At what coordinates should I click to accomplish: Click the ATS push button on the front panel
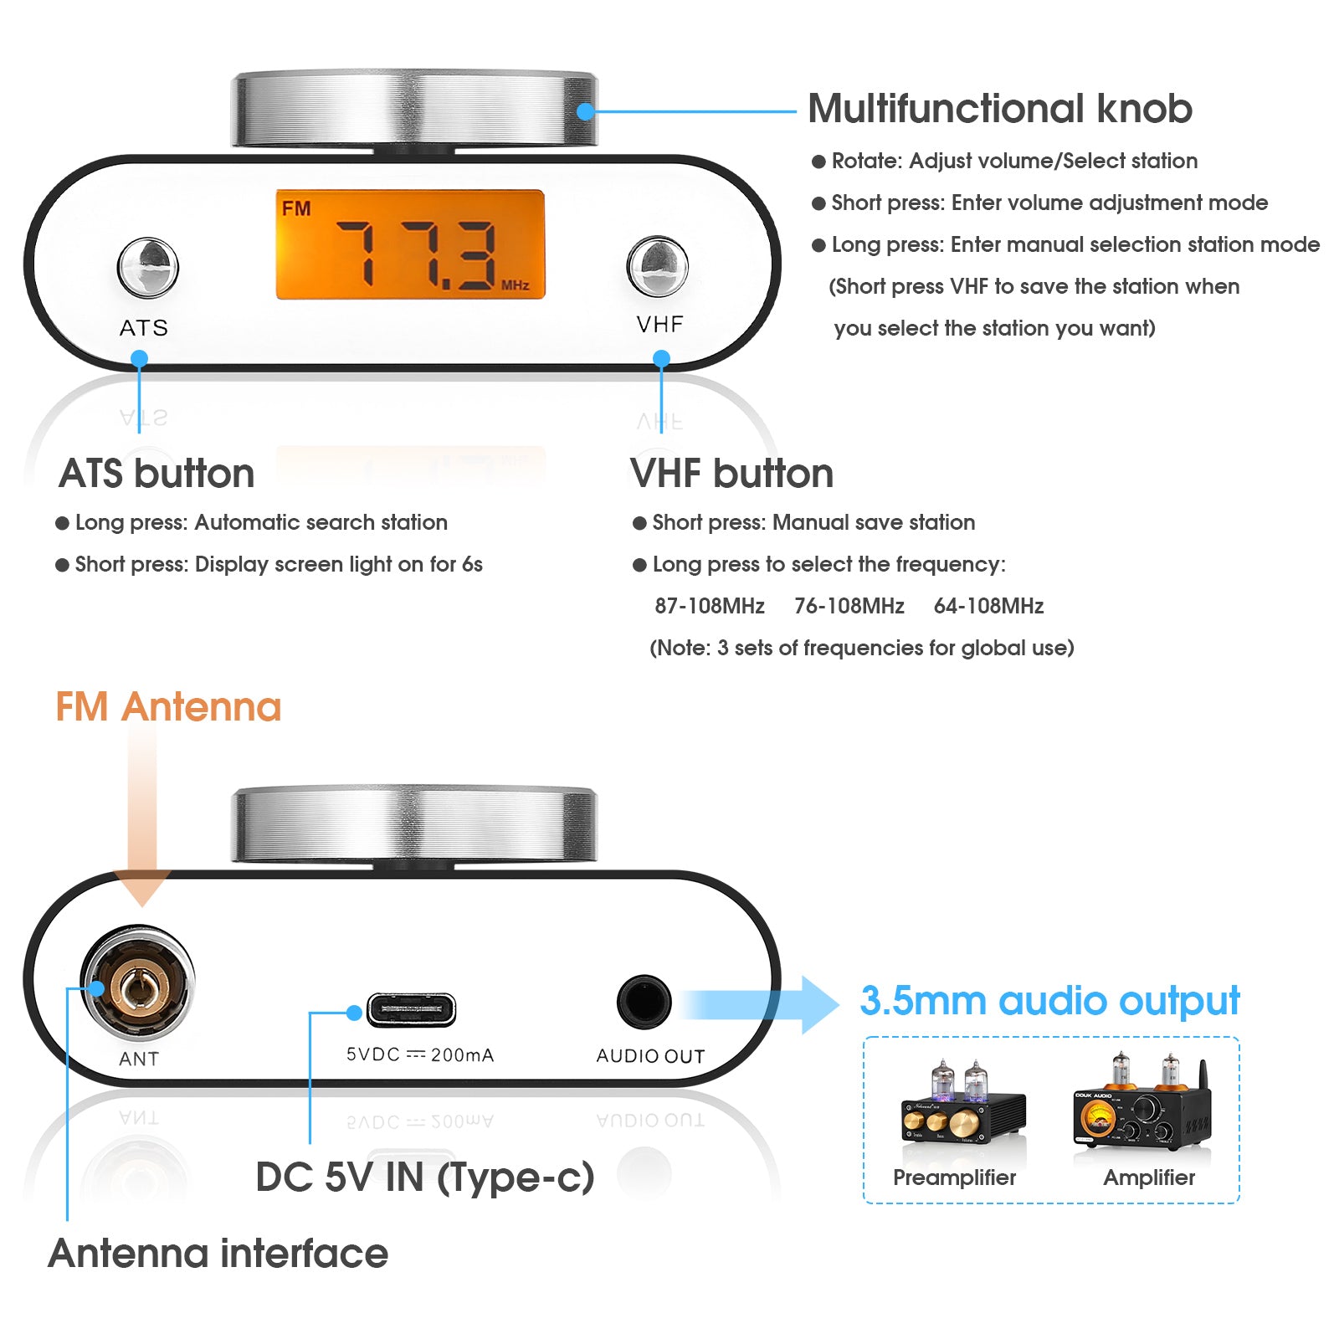pos(148,267)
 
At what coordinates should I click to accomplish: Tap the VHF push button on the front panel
pos(658,266)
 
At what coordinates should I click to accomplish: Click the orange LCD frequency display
pos(410,244)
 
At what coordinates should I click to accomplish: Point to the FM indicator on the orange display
pos(296,208)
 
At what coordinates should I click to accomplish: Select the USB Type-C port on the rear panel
pos(411,1009)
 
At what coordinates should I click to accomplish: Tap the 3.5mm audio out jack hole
pos(644,1001)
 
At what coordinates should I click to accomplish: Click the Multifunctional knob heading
pos(1000,109)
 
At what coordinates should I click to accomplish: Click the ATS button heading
pos(156,474)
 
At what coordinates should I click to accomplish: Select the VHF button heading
pos(731,474)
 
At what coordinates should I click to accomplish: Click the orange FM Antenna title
pos(168,707)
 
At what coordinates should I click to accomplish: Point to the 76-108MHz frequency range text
pos(849,606)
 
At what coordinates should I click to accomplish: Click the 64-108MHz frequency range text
pos(988,606)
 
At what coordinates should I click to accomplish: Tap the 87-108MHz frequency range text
pos(709,606)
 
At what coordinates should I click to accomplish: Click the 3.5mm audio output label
pos(1049,1001)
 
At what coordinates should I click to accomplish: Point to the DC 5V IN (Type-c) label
pos(425,1177)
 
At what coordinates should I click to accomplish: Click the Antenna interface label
pos(218,1254)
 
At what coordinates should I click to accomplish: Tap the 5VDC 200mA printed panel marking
pos(420,1055)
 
